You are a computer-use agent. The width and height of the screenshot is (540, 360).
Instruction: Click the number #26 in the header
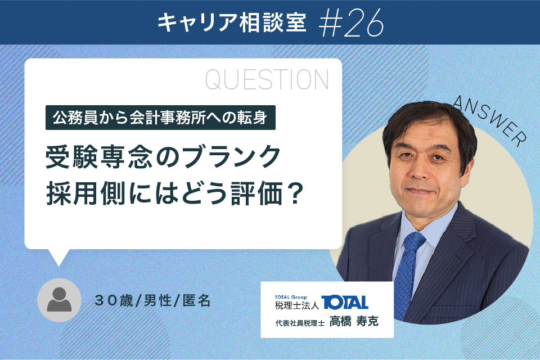click(351, 23)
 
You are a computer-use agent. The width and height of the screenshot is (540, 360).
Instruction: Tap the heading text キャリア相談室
click(232, 22)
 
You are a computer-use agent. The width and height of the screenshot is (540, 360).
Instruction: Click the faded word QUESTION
click(267, 79)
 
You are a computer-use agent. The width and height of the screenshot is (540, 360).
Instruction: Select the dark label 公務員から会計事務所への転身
click(160, 118)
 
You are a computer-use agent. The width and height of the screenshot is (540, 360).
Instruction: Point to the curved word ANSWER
click(489, 120)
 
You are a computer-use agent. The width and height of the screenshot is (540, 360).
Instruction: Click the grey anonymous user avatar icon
click(59, 300)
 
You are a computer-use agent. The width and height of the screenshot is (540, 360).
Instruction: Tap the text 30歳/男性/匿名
click(152, 300)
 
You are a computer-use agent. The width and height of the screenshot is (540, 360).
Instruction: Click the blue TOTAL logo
click(345, 303)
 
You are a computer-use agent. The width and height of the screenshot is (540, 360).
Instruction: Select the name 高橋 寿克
click(354, 321)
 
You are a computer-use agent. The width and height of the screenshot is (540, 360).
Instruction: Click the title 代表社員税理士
click(300, 323)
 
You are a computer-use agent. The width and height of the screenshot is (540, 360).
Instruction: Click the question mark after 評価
click(295, 193)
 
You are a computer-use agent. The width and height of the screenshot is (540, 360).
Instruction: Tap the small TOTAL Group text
click(291, 297)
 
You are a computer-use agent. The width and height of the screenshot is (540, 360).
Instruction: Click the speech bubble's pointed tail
click(58, 258)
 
